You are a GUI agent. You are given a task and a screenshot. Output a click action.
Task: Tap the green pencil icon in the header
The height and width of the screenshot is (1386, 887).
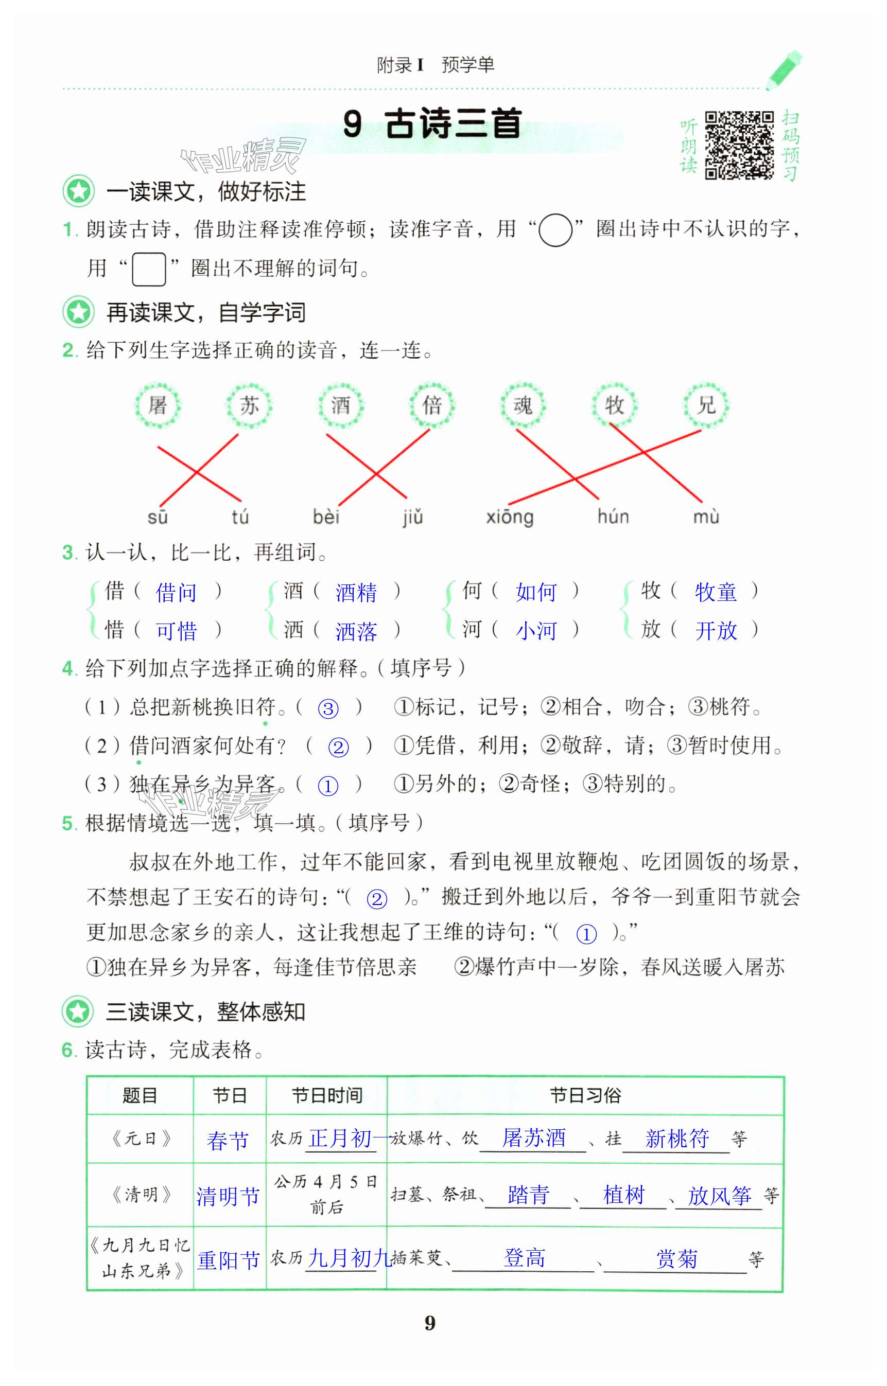[x=785, y=70]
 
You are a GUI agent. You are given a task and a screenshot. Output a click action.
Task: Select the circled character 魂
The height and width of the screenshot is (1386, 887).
[x=523, y=406]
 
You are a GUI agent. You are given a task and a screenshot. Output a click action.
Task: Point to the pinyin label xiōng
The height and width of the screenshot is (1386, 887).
[x=510, y=517]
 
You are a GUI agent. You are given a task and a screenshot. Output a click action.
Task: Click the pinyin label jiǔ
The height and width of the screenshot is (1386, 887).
[x=412, y=517]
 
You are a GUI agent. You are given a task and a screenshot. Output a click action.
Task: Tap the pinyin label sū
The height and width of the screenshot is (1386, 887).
[x=157, y=517]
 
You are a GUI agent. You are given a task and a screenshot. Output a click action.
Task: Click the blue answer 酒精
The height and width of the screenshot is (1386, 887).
[x=356, y=592]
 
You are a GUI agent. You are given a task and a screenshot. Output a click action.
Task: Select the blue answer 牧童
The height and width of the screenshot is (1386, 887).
[x=716, y=592]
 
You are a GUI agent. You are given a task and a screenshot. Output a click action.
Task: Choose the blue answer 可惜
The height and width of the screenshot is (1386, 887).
[x=176, y=631]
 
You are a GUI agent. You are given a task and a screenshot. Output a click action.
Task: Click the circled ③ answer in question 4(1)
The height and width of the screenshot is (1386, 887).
[x=328, y=708]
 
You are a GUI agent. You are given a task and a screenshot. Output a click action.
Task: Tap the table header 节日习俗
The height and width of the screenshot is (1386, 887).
[x=585, y=1095]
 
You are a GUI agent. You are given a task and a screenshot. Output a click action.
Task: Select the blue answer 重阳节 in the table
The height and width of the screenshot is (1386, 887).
[x=229, y=1260]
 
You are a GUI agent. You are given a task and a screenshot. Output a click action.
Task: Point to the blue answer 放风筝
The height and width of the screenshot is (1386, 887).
[x=719, y=1196]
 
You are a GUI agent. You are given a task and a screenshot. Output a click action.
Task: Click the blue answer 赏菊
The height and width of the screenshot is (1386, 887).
[x=677, y=1259]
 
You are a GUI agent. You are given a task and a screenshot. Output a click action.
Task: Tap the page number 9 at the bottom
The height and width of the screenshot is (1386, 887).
[x=430, y=1323]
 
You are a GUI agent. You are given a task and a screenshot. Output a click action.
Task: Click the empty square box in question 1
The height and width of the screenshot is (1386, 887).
[x=149, y=269]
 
